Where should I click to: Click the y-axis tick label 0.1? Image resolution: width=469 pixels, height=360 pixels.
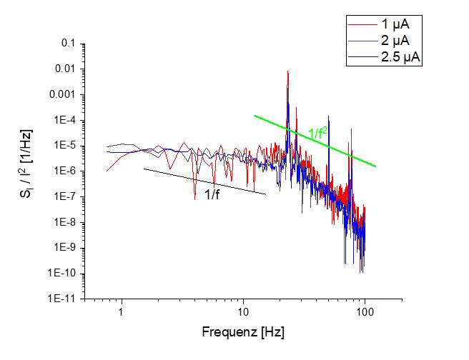click(x=69, y=44)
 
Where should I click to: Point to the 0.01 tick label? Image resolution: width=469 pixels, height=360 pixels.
click(x=66, y=69)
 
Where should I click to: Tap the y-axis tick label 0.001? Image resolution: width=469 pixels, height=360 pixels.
click(x=63, y=95)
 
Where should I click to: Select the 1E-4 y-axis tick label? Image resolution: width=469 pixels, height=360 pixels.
click(x=64, y=121)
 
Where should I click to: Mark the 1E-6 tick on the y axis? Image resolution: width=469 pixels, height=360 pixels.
click(x=64, y=171)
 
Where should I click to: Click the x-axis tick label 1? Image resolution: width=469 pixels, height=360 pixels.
click(x=122, y=312)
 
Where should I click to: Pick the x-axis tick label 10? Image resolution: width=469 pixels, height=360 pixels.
click(x=244, y=312)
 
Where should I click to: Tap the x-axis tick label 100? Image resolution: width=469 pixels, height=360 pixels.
click(x=365, y=312)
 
